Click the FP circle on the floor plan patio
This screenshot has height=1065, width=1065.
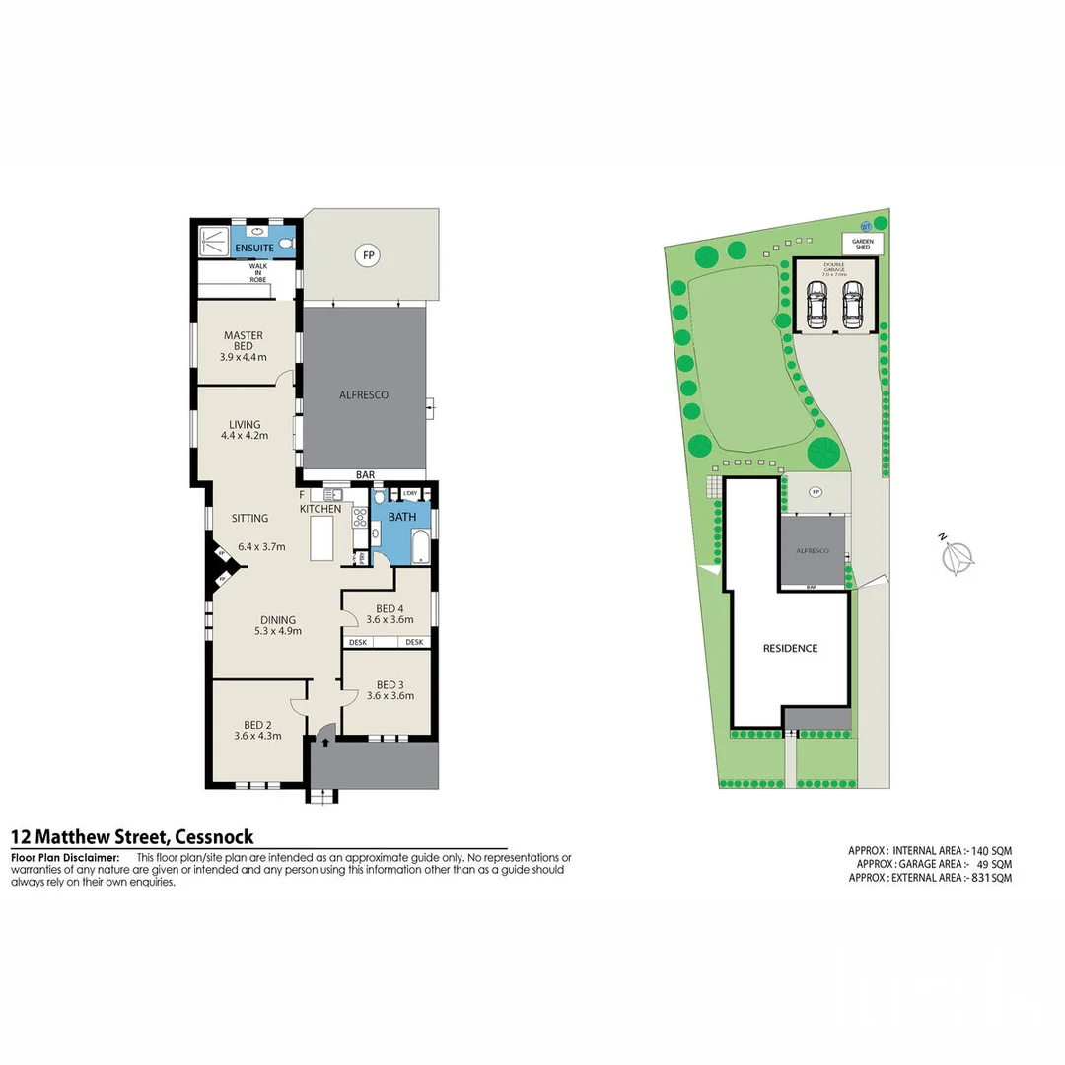[369, 255]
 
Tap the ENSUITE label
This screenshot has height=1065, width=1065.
[241, 247]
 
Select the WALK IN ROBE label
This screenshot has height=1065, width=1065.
[257, 272]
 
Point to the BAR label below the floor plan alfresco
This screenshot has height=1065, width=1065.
[365, 475]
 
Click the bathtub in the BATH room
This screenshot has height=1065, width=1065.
[421, 546]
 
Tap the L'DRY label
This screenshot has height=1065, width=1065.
[410, 492]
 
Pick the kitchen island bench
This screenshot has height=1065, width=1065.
[322, 540]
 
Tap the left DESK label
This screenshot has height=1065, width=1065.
[357, 642]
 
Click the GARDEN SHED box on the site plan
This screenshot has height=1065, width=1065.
[863, 244]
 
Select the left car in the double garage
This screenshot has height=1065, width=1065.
[817, 305]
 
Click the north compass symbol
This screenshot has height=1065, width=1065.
[957, 558]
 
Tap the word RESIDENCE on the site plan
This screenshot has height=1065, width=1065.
[790, 648]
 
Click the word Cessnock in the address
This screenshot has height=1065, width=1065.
[214, 837]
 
